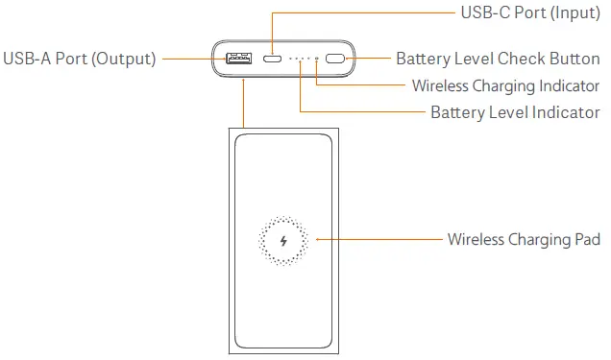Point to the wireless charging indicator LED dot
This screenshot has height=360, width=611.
317,60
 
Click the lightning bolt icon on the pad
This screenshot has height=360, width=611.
282,240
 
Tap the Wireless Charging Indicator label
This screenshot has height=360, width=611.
505,85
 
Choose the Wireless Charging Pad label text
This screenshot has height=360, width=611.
524,239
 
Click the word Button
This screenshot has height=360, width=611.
576,60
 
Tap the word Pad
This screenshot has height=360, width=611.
587,239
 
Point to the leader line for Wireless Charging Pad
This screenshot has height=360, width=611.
379,239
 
